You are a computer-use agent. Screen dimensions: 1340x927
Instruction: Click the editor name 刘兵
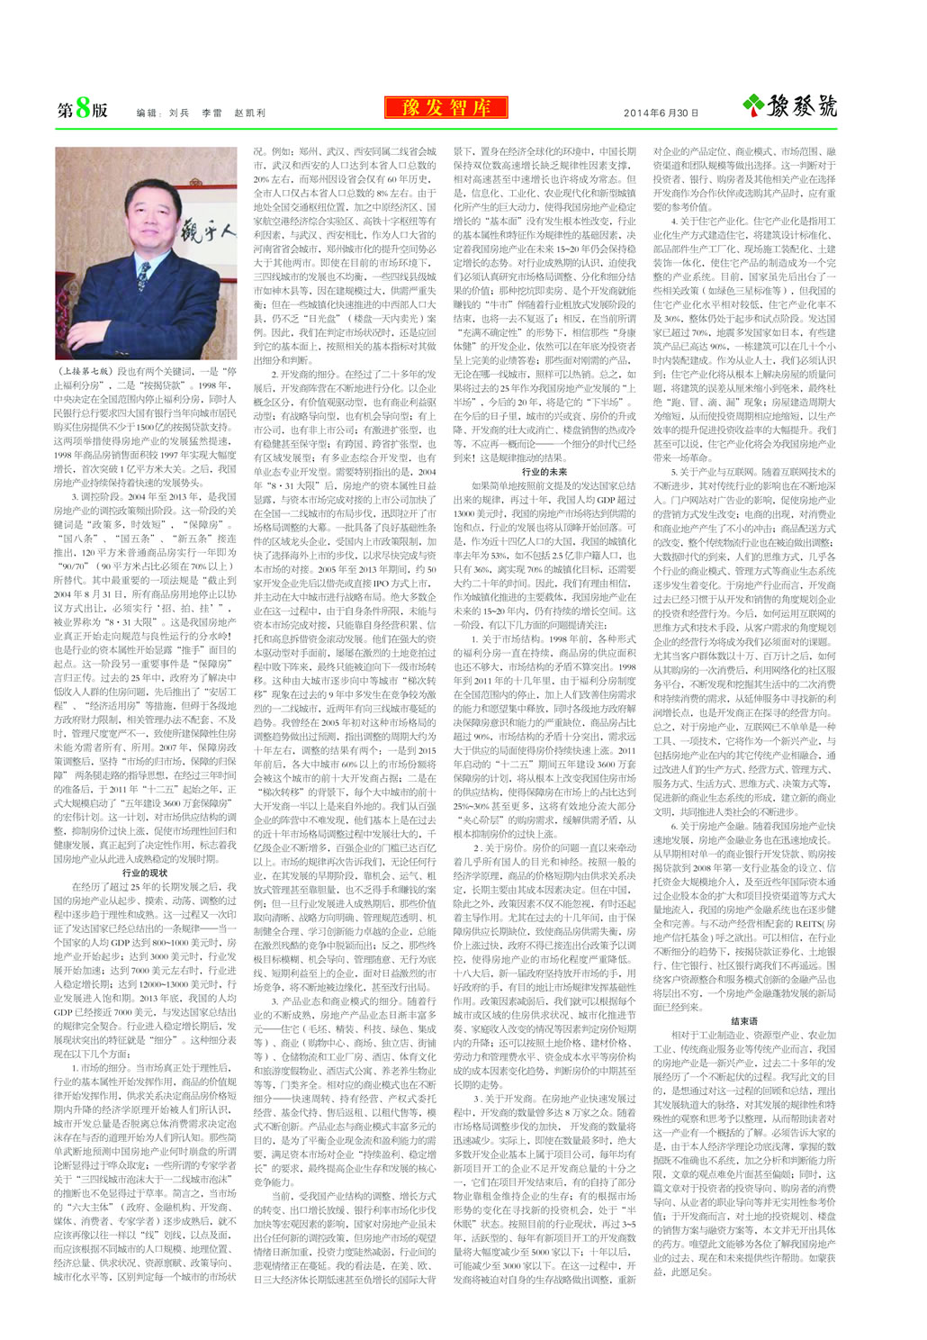click(x=179, y=113)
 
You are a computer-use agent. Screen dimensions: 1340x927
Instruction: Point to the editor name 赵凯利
click(x=249, y=113)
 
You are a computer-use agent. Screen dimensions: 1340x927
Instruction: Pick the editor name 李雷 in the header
click(x=211, y=113)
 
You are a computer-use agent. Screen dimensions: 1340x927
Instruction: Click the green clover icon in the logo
click(x=753, y=106)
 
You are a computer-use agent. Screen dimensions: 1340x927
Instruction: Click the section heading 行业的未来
click(x=544, y=472)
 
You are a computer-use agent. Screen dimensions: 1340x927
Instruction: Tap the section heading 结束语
click(x=744, y=1021)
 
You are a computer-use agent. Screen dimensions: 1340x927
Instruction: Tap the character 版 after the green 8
click(x=99, y=110)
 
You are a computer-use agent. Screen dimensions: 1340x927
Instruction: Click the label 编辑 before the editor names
click(x=147, y=113)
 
